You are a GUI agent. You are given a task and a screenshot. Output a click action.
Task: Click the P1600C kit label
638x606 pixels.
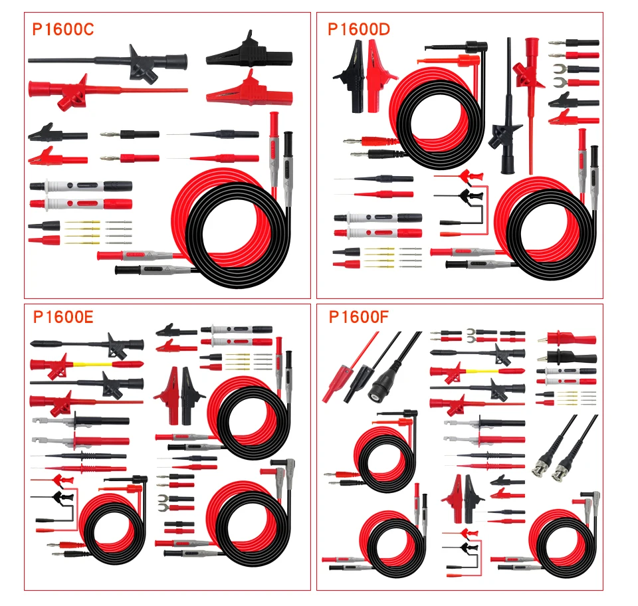tap(63, 29)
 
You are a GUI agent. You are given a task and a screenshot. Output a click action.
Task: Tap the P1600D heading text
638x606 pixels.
tap(359, 29)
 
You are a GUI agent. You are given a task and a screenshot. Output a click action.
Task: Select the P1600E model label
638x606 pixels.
tap(63, 317)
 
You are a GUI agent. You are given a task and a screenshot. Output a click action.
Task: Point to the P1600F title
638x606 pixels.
tap(358, 317)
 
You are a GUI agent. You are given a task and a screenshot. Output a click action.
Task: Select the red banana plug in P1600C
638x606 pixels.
tap(130, 159)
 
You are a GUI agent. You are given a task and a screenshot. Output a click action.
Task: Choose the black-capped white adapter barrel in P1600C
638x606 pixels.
tap(80, 186)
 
